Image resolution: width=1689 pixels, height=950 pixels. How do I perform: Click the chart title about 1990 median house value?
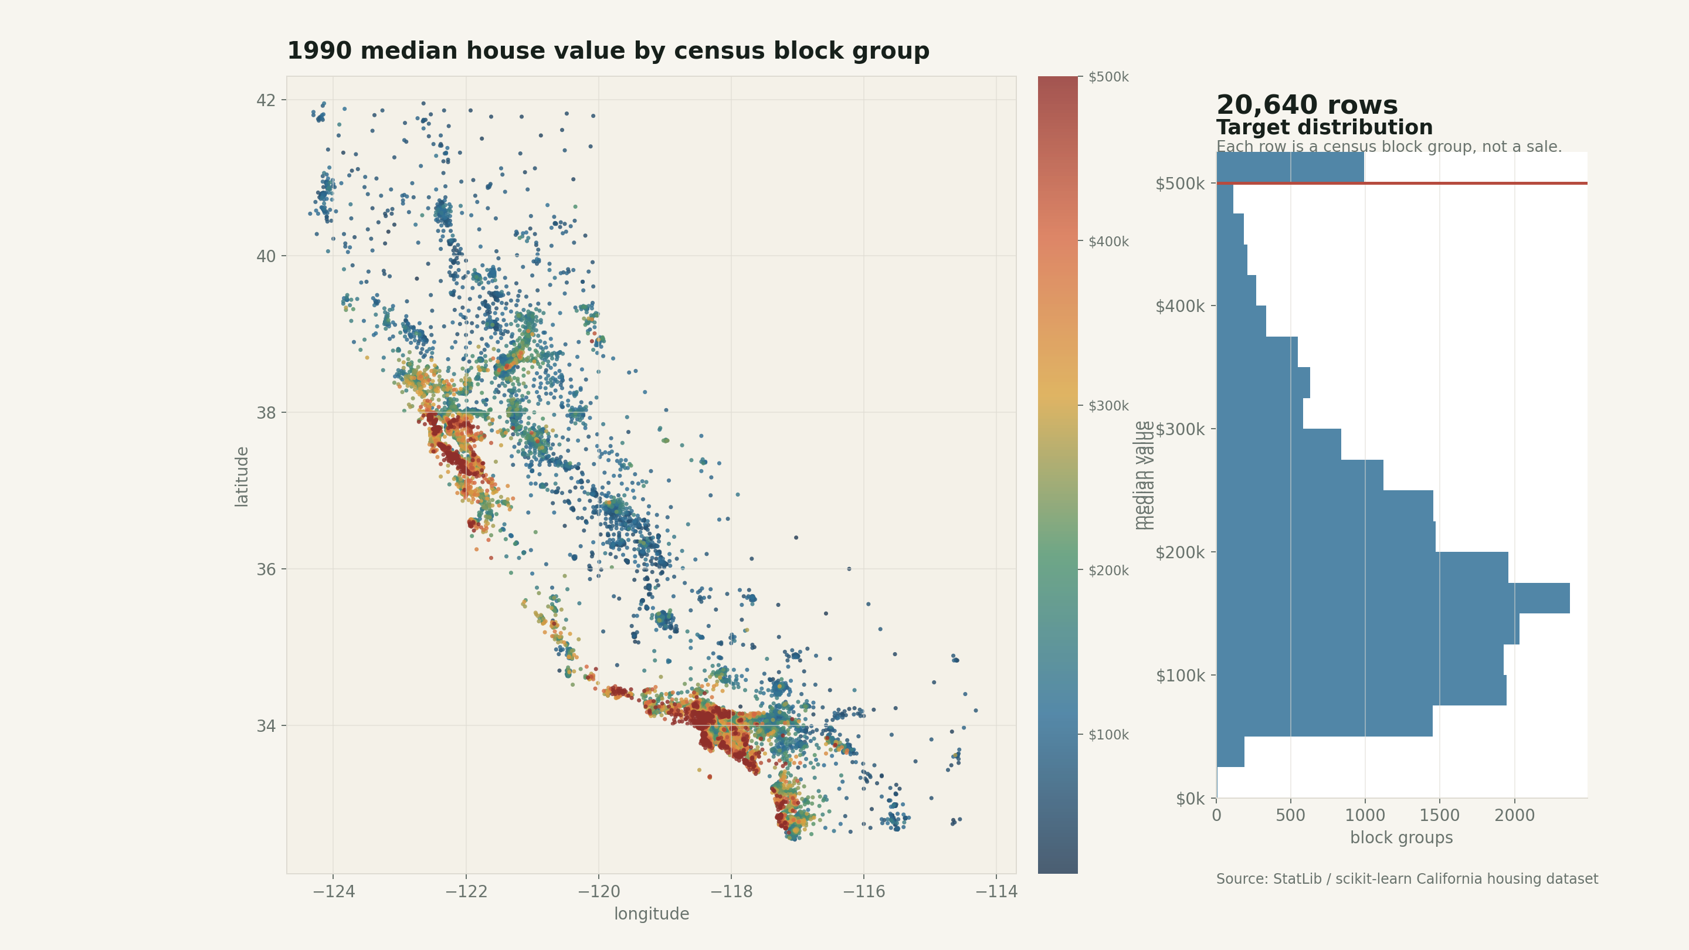608,51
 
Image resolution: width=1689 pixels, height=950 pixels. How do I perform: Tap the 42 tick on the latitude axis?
266,100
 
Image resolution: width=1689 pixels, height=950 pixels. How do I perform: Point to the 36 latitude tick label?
266,569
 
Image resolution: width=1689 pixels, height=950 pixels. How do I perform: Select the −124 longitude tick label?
333,891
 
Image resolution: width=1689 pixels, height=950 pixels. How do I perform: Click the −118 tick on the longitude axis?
731,891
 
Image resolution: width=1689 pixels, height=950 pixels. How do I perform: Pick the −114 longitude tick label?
996,891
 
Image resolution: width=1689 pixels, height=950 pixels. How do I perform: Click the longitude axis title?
651,914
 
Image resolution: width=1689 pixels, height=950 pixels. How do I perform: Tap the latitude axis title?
242,477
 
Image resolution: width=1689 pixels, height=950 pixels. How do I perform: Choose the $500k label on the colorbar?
1108,77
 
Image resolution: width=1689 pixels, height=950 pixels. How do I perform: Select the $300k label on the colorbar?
1108,406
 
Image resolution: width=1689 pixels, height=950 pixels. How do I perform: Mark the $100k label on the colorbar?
1108,735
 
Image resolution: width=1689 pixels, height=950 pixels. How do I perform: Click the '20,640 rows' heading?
1306,105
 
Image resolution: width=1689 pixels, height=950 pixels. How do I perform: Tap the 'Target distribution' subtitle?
1324,127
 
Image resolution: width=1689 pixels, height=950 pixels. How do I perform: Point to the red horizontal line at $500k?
1476,183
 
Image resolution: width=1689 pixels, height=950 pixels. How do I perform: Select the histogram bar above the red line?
1290,167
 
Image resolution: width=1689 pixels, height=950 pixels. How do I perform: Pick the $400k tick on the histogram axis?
1179,306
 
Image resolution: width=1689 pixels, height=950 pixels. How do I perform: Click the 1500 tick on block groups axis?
1439,816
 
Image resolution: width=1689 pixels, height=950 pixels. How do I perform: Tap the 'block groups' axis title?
1401,838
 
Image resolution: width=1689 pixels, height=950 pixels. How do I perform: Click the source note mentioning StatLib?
1406,879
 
